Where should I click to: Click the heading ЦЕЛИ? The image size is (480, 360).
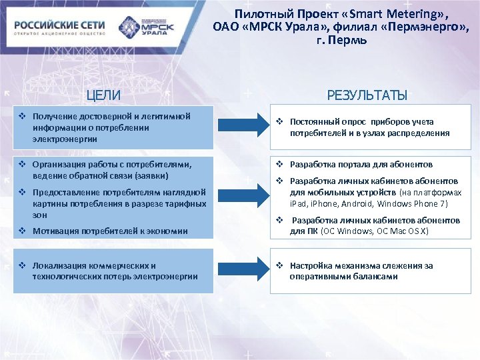(106, 95)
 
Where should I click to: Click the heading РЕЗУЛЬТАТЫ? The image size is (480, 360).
(367, 95)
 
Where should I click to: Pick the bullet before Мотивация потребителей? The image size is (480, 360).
(22, 231)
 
